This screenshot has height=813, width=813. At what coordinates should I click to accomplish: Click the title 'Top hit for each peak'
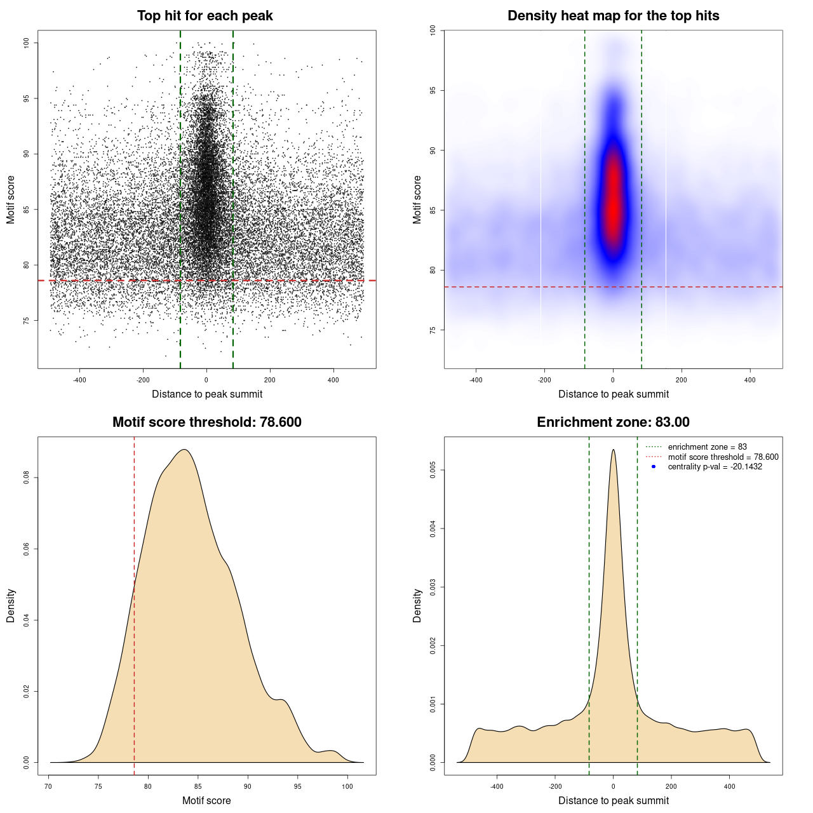click(205, 16)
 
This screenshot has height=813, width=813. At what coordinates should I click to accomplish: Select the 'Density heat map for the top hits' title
click(613, 16)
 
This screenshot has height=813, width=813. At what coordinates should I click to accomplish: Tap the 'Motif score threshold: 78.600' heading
click(206, 422)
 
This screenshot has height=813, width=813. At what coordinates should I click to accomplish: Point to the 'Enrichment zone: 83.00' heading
click(613, 422)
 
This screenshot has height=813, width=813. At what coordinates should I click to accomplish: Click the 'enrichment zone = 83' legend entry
click(707, 447)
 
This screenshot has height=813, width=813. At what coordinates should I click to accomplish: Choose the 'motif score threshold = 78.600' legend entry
click(723, 457)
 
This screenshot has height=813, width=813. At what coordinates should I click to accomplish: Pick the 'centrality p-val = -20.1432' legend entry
click(715, 467)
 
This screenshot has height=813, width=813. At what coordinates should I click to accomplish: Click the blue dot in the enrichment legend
click(654, 467)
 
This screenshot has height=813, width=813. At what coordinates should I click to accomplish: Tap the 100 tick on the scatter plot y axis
click(26, 43)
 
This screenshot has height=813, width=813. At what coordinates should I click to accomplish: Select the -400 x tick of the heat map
click(476, 380)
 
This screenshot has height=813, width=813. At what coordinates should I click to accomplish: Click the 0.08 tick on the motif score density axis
click(26, 478)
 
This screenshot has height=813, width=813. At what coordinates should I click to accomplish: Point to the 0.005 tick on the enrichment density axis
click(433, 470)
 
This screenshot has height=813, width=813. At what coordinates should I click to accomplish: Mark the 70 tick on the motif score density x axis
click(48, 786)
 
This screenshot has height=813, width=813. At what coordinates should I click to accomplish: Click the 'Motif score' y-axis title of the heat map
click(417, 199)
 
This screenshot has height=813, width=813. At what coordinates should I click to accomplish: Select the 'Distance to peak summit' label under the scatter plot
click(207, 394)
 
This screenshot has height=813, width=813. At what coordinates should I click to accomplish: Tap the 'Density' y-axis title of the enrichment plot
click(417, 605)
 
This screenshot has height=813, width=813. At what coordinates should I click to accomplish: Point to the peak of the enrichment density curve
click(613, 450)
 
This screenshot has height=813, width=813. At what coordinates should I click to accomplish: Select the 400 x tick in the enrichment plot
click(729, 786)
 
